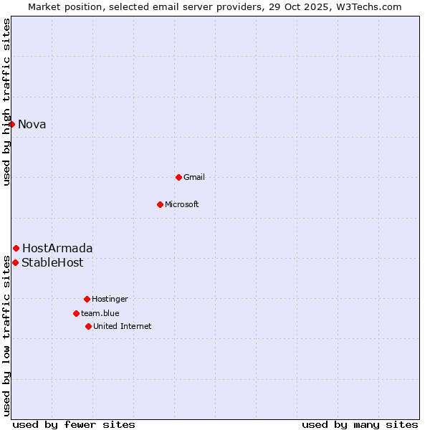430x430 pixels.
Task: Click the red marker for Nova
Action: [x=12, y=124]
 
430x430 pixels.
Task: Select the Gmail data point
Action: [x=178, y=177]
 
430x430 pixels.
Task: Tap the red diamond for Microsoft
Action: [x=161, y=204]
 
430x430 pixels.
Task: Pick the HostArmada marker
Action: [x=16, y=248]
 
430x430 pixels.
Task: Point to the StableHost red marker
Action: [x=15, y=262]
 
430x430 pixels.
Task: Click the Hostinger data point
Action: [x=87, y=299]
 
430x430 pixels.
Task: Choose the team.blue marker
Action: [x=76, y=313]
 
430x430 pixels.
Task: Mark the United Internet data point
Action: [x=88, y=326]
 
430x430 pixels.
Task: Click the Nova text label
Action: [x=32, y=125]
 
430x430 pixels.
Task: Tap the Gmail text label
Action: [x=194, y=177]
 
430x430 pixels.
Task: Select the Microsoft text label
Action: [x=182, y=204]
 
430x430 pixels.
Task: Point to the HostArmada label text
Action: [x=57, y=249]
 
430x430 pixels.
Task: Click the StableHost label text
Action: [x=52, y=263]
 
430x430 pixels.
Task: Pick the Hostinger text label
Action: [x=110, y=299]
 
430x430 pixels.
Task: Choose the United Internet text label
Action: [x=123, y=326]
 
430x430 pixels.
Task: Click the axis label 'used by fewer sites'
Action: [x=74, y=424]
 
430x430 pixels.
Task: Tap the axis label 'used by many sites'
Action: [x=360, y=424]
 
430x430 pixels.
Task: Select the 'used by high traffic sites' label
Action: [x=7, y=102]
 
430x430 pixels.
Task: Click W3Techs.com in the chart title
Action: [x=365, y=6]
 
